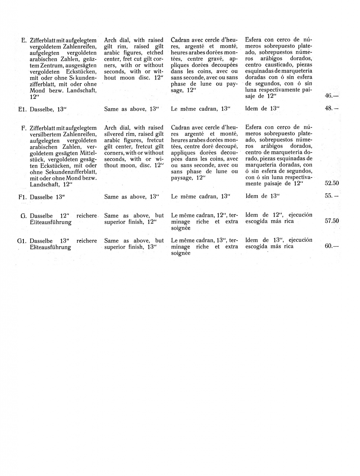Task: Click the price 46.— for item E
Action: [331, 96]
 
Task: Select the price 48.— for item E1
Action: [331, 109]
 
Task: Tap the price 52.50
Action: [332, 183]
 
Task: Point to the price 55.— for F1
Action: [331, 196]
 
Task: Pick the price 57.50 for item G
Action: [332, 221]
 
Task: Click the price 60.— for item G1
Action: [331, 246]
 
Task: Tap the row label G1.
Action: [22, 241]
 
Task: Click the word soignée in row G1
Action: [181, 253]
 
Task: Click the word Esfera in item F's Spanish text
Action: [254, 128]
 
